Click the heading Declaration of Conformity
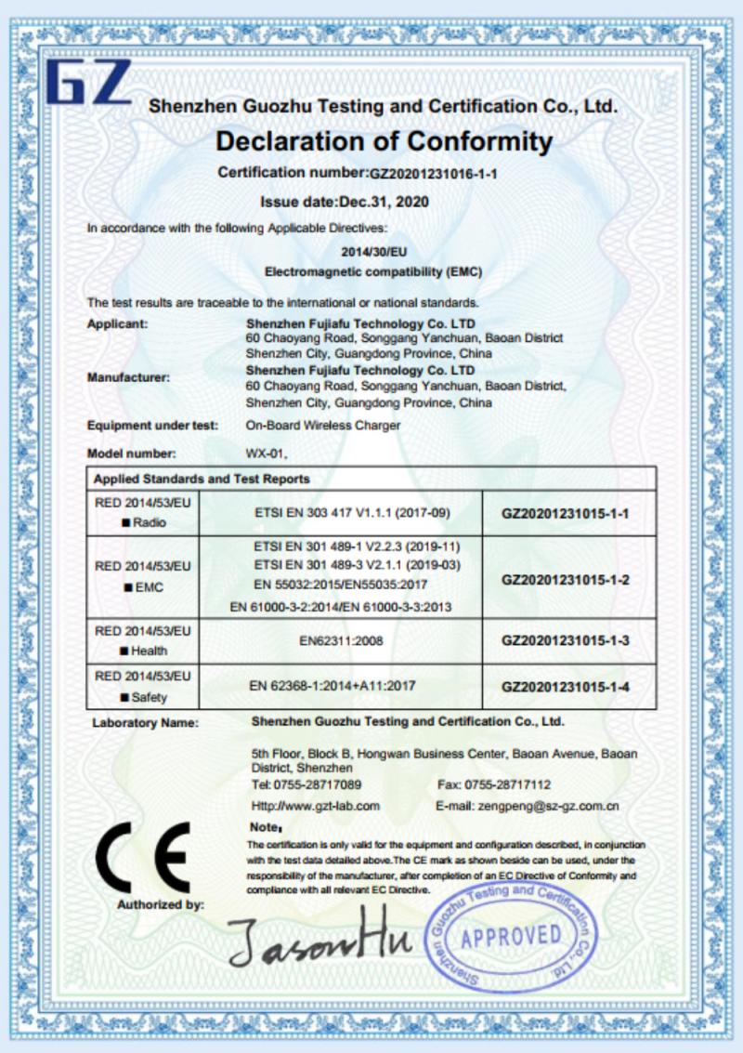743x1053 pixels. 384,141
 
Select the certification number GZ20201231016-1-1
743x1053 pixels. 434,174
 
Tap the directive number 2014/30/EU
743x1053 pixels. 373,251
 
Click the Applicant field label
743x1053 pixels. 117,324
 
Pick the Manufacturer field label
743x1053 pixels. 128,377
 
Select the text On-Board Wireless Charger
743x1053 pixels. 322,426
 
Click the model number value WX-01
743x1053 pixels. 267,454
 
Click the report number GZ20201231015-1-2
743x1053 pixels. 566,579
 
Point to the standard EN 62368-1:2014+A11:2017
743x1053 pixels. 332,686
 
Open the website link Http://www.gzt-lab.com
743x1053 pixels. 316,807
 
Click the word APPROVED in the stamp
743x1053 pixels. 511,936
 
